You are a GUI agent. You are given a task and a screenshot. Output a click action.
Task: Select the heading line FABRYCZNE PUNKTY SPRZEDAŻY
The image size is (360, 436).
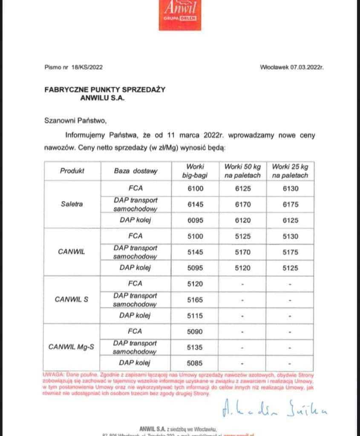click(x=104, y=89)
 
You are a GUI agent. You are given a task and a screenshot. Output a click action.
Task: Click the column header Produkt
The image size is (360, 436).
click(x=72, y=171)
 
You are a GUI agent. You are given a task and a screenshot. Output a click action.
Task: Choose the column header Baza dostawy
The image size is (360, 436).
click(x=135, y=171)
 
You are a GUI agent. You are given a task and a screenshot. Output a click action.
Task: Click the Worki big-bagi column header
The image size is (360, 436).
click(x=196, y=171)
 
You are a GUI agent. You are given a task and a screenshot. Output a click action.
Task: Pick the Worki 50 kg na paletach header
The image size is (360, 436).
click(x=242, y=171)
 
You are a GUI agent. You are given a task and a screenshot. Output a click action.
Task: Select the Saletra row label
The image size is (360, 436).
click(x=72, y=204)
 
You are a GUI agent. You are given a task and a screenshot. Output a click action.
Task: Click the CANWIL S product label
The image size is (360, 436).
click(x=72, y=299)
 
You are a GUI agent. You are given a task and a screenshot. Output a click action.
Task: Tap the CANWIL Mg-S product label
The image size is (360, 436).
click(x=72, y=347)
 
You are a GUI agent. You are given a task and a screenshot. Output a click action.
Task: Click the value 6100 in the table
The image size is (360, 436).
click(x=196, y=189)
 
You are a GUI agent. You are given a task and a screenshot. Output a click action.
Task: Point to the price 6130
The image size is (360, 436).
click(x=290, y=189)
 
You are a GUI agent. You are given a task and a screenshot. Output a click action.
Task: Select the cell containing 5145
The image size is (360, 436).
click(x=196, y=252)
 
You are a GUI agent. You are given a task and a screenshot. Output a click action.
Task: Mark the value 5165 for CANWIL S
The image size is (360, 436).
click(x=196, y=300)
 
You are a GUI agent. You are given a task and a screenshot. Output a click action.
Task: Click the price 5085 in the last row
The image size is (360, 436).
click(x=196, y=363)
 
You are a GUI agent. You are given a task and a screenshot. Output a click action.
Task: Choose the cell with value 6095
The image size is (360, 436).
click(x=196, y=221)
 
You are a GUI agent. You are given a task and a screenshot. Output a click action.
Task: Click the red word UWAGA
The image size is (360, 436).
click(x=53, y=374)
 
